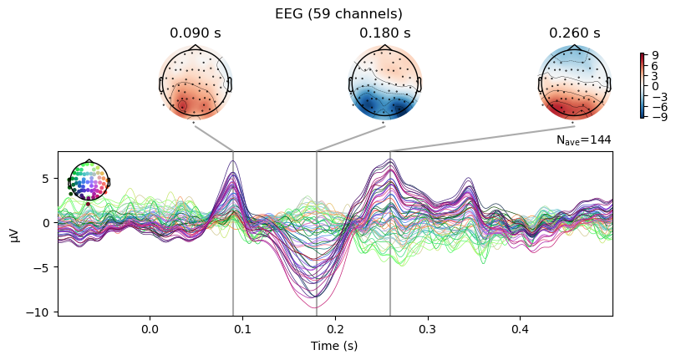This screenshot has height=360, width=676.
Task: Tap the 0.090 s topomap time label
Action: (x=195, y=33)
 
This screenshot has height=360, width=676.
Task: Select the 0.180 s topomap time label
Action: (x=384, y=33)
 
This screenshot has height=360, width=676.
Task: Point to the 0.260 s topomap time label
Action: (x=574, y=33)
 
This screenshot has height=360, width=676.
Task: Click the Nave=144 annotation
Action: (x=583, y=140)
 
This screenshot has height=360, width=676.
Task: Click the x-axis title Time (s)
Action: (x=334, y=346)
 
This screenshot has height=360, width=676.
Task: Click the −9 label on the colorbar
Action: (x=652, y=118)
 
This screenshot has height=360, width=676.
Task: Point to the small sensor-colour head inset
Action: (x=88, y=181)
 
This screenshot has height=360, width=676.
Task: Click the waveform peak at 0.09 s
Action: (x=233, y=161)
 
